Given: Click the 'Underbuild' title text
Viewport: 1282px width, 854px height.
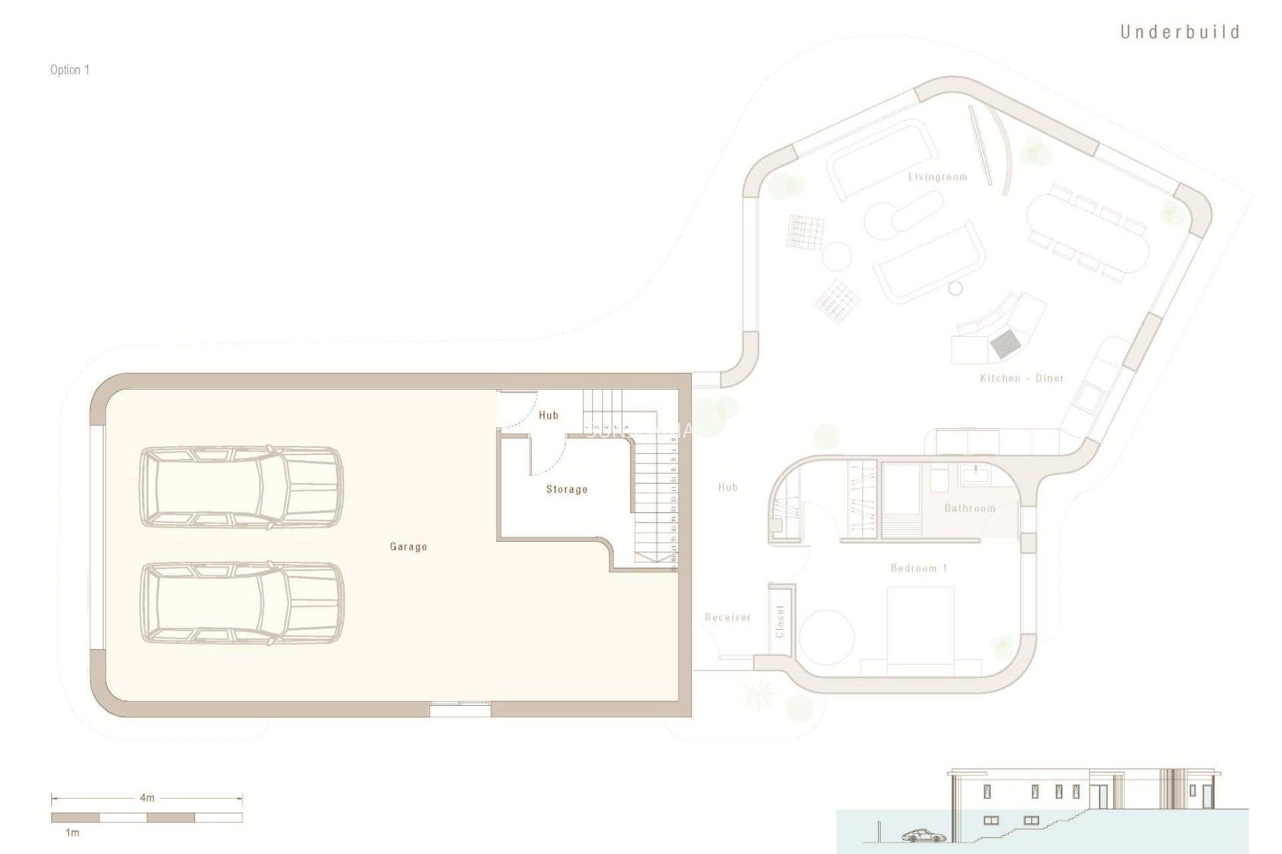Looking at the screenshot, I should point(1179,32).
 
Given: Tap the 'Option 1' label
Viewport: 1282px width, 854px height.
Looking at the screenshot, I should point(70,70).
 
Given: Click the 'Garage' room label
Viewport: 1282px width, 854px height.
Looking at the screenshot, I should point(408,546).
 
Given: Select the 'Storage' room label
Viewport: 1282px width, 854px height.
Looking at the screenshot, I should point(567,489).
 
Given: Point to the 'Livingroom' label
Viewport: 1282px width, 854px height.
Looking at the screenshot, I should point(937,177).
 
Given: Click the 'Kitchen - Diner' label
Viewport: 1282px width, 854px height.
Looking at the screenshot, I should point(1022,378).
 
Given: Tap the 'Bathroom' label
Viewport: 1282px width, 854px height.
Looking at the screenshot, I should point(970,508).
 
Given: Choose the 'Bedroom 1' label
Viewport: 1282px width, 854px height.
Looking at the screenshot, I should point(919,568).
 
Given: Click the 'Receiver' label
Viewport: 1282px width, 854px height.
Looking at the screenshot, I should point(728,618).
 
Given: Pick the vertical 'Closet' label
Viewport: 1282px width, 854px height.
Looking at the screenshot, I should point(780,622).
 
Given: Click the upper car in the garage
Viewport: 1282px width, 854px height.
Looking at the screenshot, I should point(240,487).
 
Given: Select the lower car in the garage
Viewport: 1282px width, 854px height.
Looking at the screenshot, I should point(242,603).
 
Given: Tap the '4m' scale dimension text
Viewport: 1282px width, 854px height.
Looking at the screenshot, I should point(147,797).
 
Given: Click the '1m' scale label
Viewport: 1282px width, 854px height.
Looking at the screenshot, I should point(72,833).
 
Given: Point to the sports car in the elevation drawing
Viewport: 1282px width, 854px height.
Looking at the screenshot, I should point(924,835).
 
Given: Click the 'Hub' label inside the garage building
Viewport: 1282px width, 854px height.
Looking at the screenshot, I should point(548,415).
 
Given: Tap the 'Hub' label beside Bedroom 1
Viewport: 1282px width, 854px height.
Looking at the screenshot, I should point(728,488).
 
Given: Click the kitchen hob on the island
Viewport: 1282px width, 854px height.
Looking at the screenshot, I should point(1005,344).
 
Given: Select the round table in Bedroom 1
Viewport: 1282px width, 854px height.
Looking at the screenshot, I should point(827,636).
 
